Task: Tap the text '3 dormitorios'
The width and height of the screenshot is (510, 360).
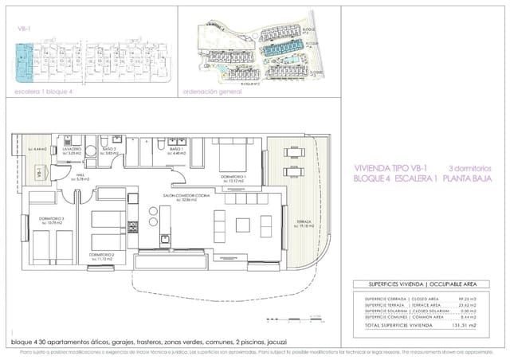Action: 471,169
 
